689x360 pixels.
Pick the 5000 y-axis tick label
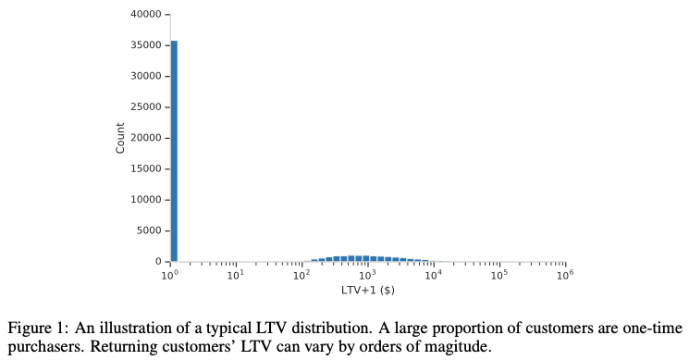tap(151, 230)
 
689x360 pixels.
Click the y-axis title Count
tap(120, 138)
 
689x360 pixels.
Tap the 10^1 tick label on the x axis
tap(236, 275)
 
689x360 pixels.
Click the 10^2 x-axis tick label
tap(301, 275)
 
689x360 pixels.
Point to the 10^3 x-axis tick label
tap(367, 275)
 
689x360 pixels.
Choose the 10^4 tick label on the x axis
tap(433, 275)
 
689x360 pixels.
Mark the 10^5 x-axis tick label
tap(499, 275)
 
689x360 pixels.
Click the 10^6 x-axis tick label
tap(565, 275)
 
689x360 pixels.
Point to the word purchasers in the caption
tap(43, 347)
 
